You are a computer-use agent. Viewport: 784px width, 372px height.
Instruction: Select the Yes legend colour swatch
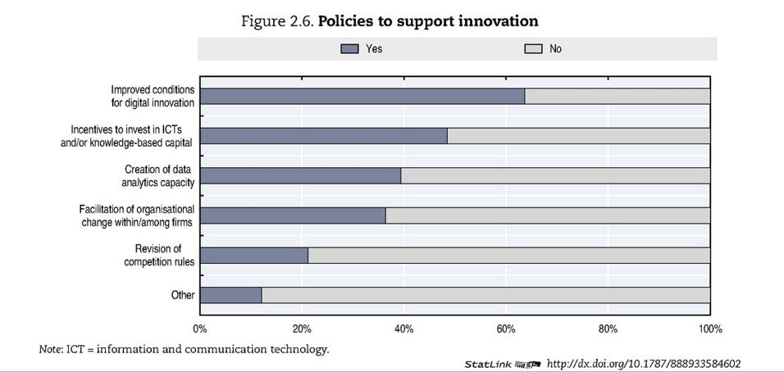click(350, 49)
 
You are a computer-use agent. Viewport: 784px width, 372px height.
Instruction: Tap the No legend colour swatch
click(533, 49)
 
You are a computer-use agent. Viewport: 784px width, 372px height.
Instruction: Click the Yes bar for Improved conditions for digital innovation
click(362, 96)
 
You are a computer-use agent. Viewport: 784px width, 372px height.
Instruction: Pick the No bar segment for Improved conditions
click(617, 96)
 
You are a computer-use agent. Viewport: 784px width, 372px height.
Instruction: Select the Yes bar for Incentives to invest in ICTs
click(323, 136)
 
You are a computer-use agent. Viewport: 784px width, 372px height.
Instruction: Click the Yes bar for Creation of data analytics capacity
click(300, 175)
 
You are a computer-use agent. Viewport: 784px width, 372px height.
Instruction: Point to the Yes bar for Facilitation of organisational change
click(293, 215)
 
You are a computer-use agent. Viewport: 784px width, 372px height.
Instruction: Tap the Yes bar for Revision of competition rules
click(253, 255)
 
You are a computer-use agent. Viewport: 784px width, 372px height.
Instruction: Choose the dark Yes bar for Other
click(230, 295)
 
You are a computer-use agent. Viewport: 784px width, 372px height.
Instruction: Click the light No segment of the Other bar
click(485, 295)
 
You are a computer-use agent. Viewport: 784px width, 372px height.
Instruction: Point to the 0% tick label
click(199, 329)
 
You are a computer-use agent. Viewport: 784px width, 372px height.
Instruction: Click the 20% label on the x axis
click(302, 329)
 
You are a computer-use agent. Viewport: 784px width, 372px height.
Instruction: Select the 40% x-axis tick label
click(403, 329)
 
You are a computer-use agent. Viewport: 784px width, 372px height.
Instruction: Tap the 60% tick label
click(506, 329)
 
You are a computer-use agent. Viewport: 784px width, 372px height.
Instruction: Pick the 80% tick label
click(608, 329)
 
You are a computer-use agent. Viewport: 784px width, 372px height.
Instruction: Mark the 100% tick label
click(709, 329)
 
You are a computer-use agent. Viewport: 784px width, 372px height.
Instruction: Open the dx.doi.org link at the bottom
click(644, 363)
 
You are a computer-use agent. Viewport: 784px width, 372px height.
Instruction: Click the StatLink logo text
click(489, 364)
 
